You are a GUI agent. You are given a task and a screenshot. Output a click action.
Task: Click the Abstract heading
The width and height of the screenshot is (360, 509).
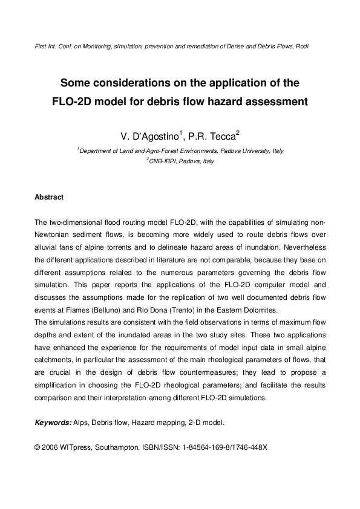pos(49,197)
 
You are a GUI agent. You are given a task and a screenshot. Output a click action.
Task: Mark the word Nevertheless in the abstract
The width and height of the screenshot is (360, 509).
pos(304,248)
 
